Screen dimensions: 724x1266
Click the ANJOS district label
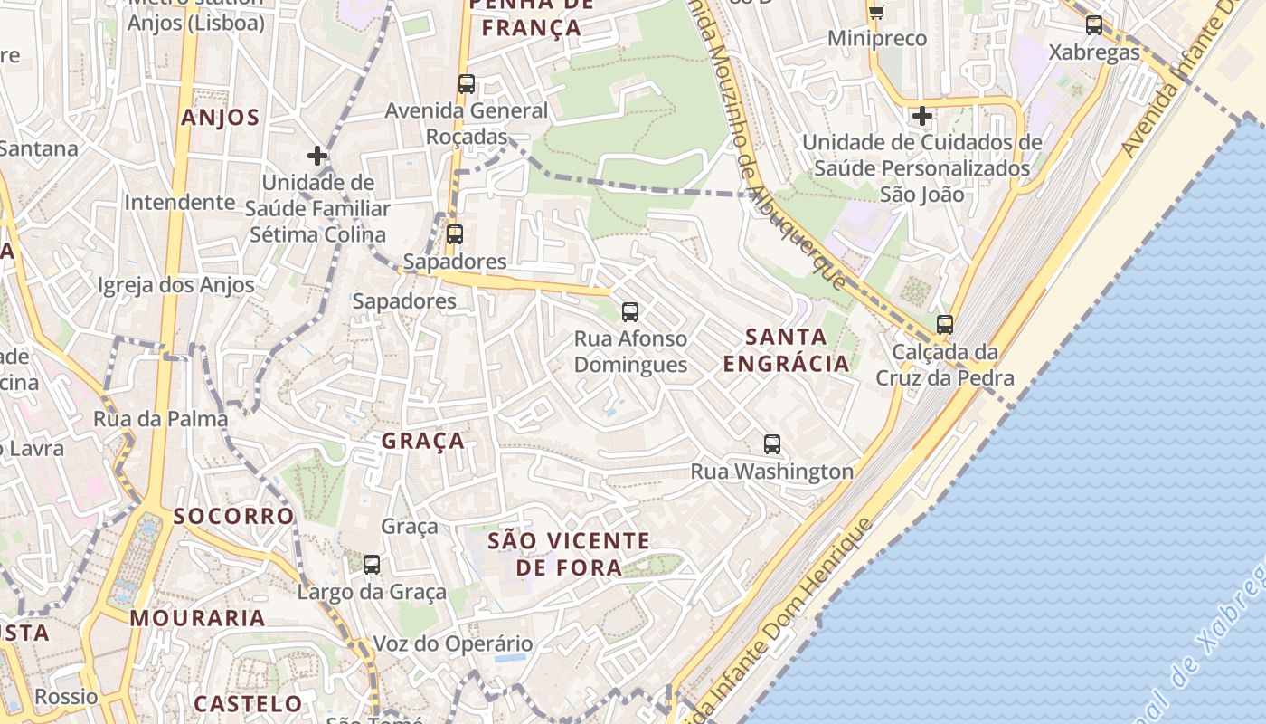[x=220, y=118]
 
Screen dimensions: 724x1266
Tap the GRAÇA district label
[x=423, y=442]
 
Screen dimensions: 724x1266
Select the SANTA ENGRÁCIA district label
[x=786, y=350]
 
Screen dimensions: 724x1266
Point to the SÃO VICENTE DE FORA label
[x=569, y=554]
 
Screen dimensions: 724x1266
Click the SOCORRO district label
[x=233, y=517]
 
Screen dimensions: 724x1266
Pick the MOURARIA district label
[x=197, y=619]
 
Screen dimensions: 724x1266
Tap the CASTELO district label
[x=248, y=703]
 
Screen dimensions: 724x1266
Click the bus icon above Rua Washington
[x=771, y=444]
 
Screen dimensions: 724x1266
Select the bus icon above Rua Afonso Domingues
[x=630, y=312]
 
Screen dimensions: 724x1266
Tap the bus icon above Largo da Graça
[x=372, y=565]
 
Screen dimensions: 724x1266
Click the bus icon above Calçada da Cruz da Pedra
[x=945, y=324]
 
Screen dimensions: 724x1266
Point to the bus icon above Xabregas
[x=1094, y=25]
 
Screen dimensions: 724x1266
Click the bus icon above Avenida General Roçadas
[x=467, y=84]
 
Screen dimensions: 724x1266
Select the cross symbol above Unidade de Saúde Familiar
[x=317, y=156]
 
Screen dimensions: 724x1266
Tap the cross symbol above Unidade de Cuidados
[x=922, y=116]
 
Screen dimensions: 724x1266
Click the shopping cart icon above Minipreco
[x=876, y=12]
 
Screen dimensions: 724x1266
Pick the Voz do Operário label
[x=453, y=644]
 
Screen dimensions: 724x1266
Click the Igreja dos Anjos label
[x=176, y=285]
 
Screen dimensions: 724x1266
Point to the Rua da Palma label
[x=161, y=419]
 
